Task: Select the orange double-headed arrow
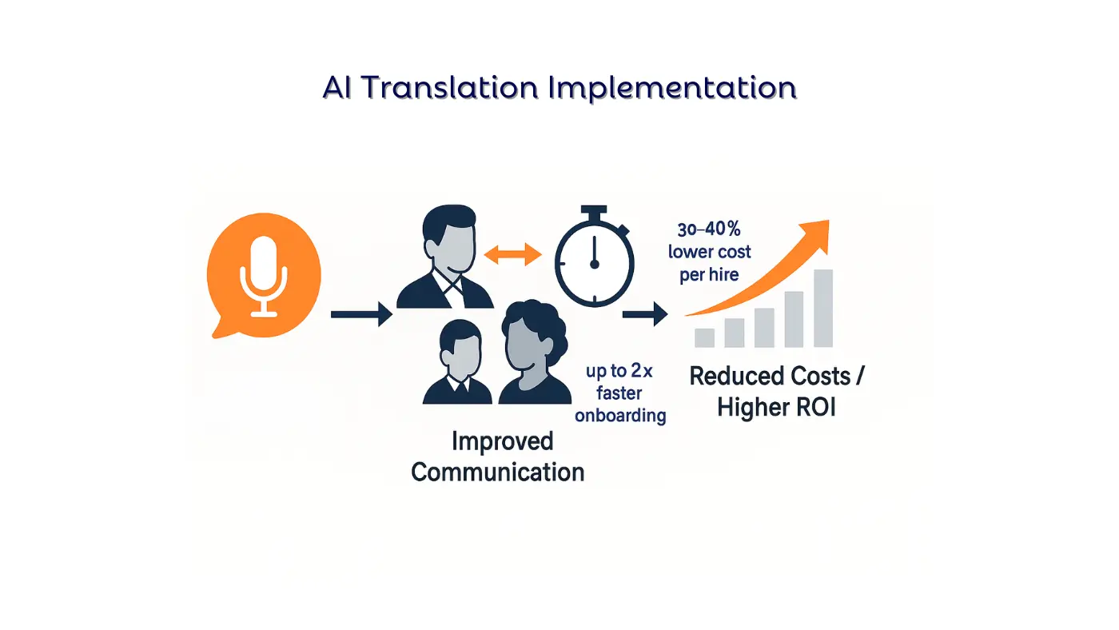pyautogui.click(x=513, y=255)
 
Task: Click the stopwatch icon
pyautogui.click(x=594, y=261)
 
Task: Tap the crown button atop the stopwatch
pyautogui.click(x=594, y=213)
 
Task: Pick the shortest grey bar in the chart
pyautogui.click(x=704, y=337)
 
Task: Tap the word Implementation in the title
pyautogui.click(x=672, y=88)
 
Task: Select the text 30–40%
pyautogui.click(x=710, y=231)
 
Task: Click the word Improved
pyautogui.click(x=502, y=441)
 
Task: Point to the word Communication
pyautogui.click(x=497, y=472)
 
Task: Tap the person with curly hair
pyautogui.click(x=532, y=352)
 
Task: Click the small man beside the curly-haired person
pyautogui.click(x=458, y=364)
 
